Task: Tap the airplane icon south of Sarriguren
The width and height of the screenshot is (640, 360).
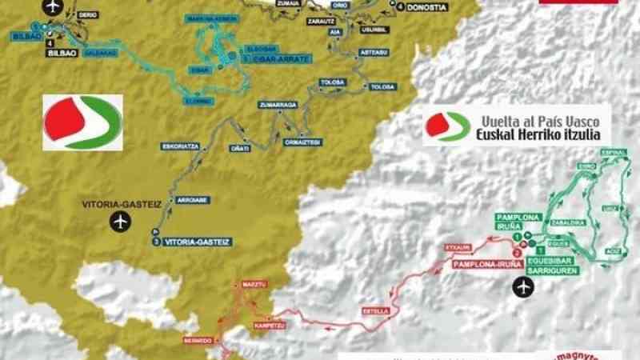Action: pos(524,285)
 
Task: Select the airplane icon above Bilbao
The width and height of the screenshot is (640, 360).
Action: pos(54,6)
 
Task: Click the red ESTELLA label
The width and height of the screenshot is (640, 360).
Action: pos(375,310)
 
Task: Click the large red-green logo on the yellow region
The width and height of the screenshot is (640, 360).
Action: pos(82,122)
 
